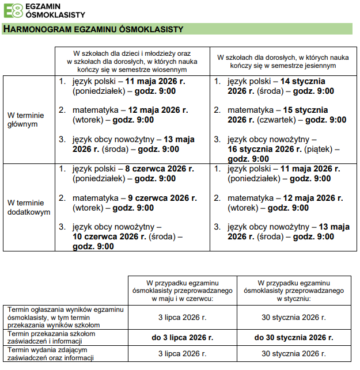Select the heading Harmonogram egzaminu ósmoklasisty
93,29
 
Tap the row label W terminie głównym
26,119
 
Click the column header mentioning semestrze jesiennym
283,62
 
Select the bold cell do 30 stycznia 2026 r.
293,337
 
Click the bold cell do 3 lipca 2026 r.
183,337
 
